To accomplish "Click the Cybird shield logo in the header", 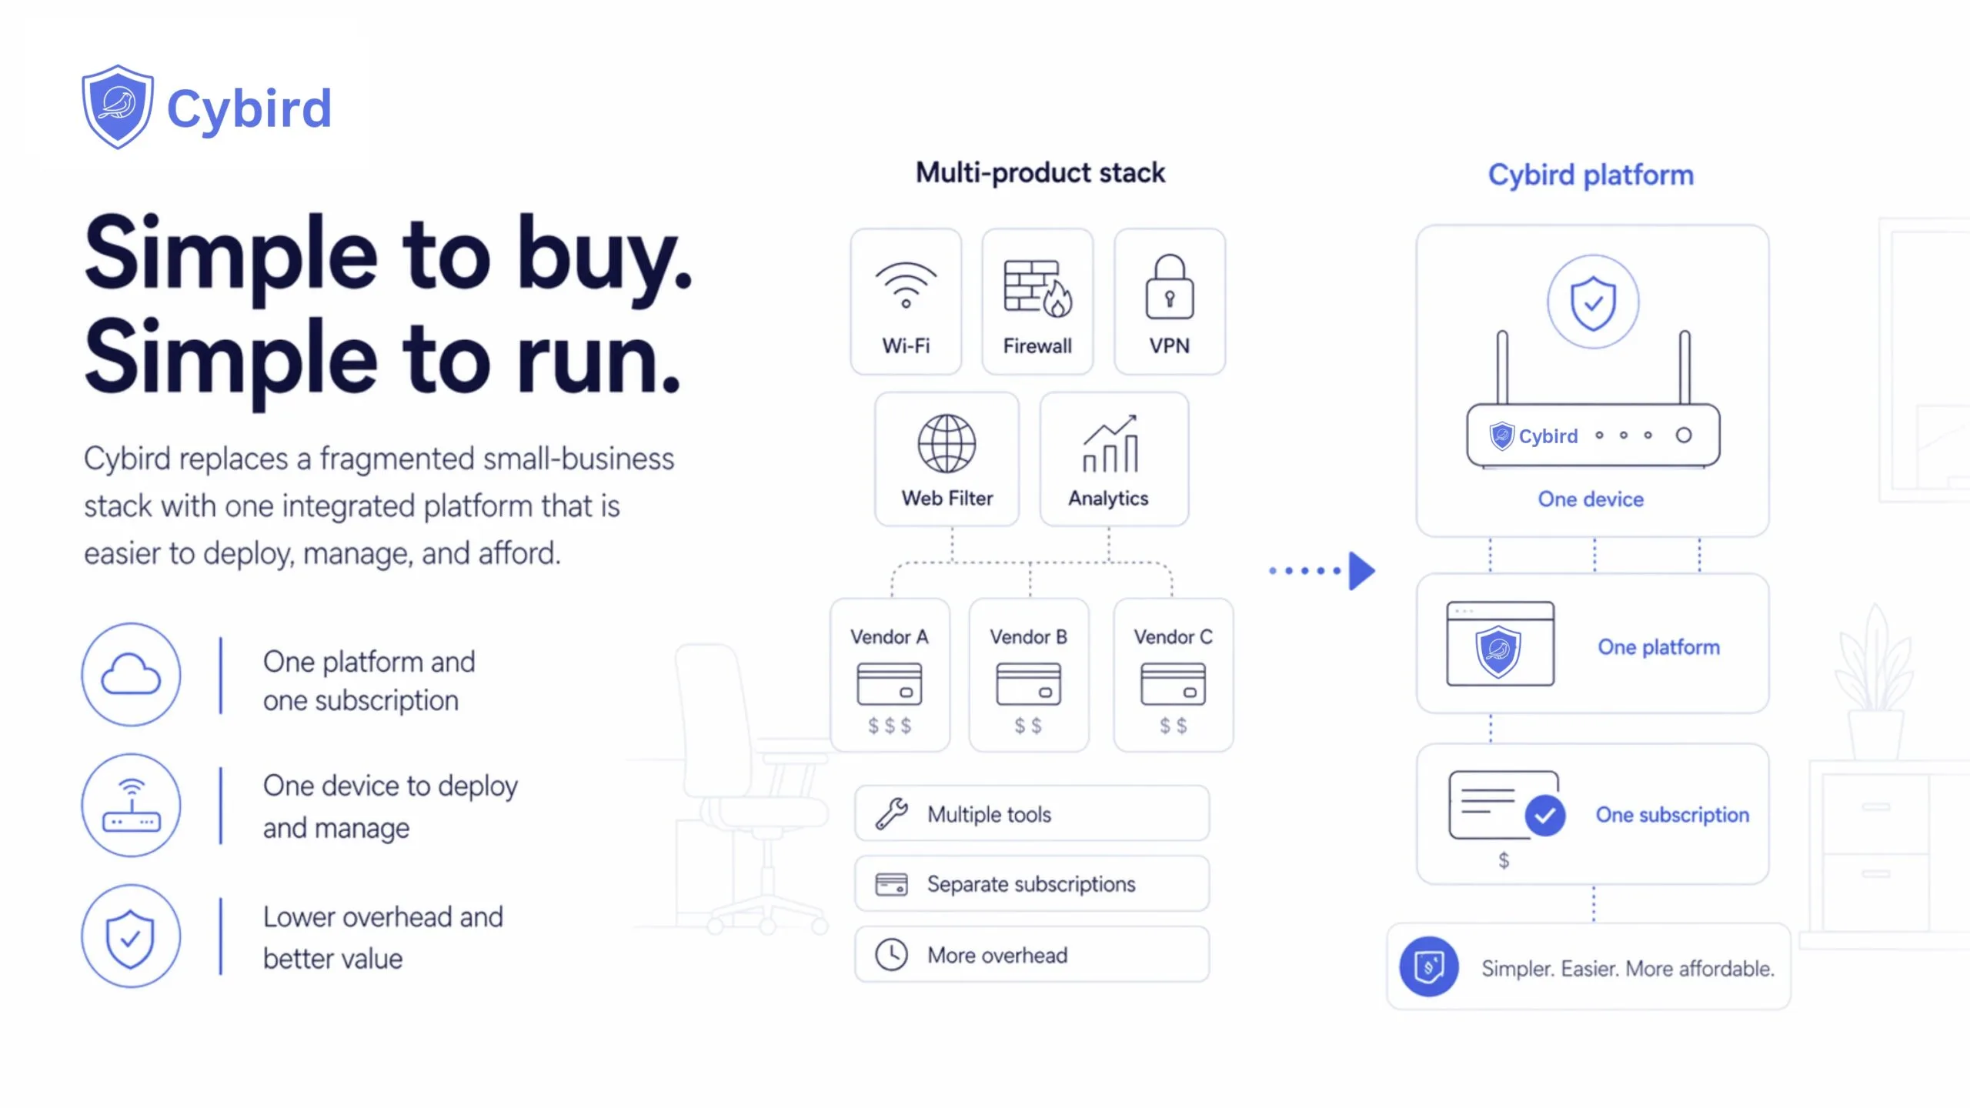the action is coord(118,107).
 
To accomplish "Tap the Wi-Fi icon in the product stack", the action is coord(906,285).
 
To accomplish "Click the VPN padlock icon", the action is coord(1170,286).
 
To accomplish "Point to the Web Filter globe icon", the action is coord(947,444).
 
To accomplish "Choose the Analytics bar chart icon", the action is coord(1110,443).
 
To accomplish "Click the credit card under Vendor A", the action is coord(890,684).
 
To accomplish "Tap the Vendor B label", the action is coord(1028,637).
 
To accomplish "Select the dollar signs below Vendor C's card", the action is coord(1174,726).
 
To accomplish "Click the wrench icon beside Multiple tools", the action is coord(892,814).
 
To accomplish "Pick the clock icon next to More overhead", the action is coord(891,955).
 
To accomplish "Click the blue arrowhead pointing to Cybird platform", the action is coord(1362,571).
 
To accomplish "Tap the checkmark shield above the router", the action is coord(1593,302).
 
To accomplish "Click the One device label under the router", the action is coord(1591,499).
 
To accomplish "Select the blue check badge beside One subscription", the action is coord(1545,816).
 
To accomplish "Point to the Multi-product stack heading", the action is coord(1040,173).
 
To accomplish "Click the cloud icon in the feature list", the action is coord(132,675).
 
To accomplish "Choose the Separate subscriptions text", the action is coord(1031,885).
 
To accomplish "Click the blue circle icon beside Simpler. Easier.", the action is coord(1429,967).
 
